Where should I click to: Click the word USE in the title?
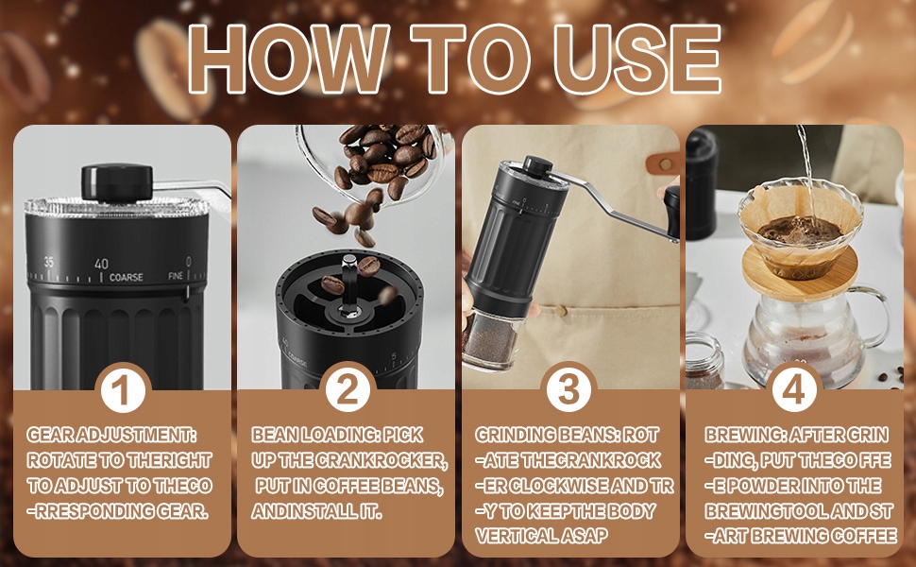pos(636,59)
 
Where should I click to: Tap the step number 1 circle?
pos(123,388)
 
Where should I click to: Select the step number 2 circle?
pos(347,388)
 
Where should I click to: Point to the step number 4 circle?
pos(794,388)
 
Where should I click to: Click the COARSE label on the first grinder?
pos(127,277)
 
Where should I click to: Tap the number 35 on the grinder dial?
pos(48,262)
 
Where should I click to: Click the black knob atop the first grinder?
pos(117,182)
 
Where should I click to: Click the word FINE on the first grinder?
pos(176,275)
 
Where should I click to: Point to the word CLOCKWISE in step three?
pos(561,486)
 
